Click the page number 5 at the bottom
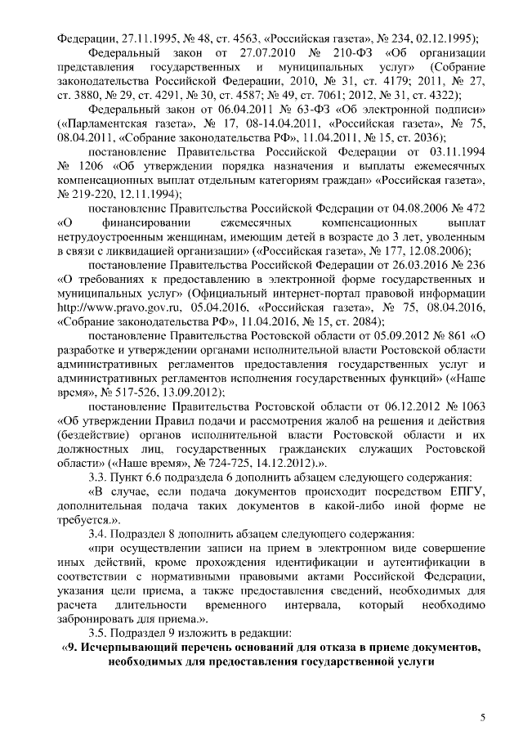482,717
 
